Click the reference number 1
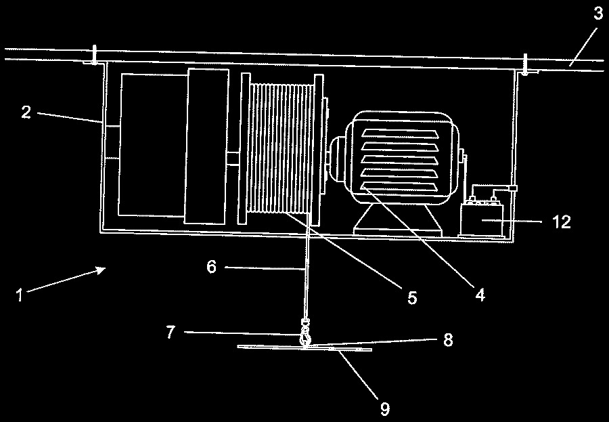(x=20, y=295)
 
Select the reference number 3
(x=598, y=14)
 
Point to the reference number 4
(x=480, y=295)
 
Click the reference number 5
(x=412, y=297)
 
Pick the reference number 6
(x=211, y=267)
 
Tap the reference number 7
(x=171, y=332)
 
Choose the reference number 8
(x=448, y=339)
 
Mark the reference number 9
(x=384, y=408)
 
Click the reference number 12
(x=562, y=221)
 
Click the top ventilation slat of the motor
(x=400, y=133)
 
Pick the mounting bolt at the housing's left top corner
(x=94, y=55)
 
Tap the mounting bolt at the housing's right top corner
(x=524, y=64)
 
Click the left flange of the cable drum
(x=244, y=148)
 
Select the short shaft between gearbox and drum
(x=233, y=159)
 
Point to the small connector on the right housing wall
(x=513, y=188)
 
